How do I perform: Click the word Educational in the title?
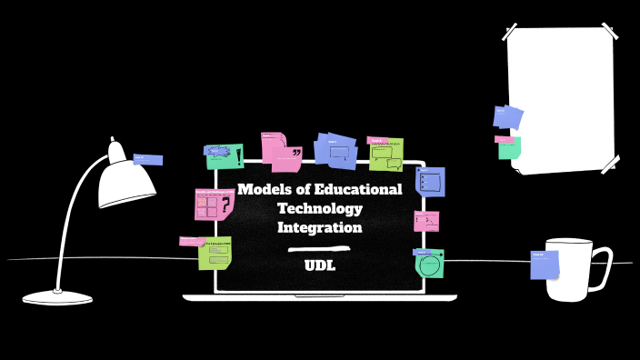coord(357,190)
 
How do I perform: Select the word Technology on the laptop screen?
coord(319,209)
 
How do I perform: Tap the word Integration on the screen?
coord(319,227)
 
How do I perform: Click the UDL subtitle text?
coord(319,265)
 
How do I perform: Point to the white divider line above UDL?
coord(319,248)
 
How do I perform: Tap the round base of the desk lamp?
coord(57,297)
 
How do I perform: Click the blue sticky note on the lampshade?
coord(148,160)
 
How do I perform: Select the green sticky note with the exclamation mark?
coord(225,157)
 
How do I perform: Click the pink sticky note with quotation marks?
coord(284,152)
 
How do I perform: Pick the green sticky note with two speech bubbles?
coord(387,155)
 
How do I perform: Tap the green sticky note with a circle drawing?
coord(430,265)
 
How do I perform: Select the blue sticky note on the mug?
coord(545,265)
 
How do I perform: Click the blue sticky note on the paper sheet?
coord(508,117)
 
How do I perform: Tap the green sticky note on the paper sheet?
coord(509,148)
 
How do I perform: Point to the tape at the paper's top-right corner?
coord(609,34)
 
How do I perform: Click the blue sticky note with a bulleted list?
coord(431,181)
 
